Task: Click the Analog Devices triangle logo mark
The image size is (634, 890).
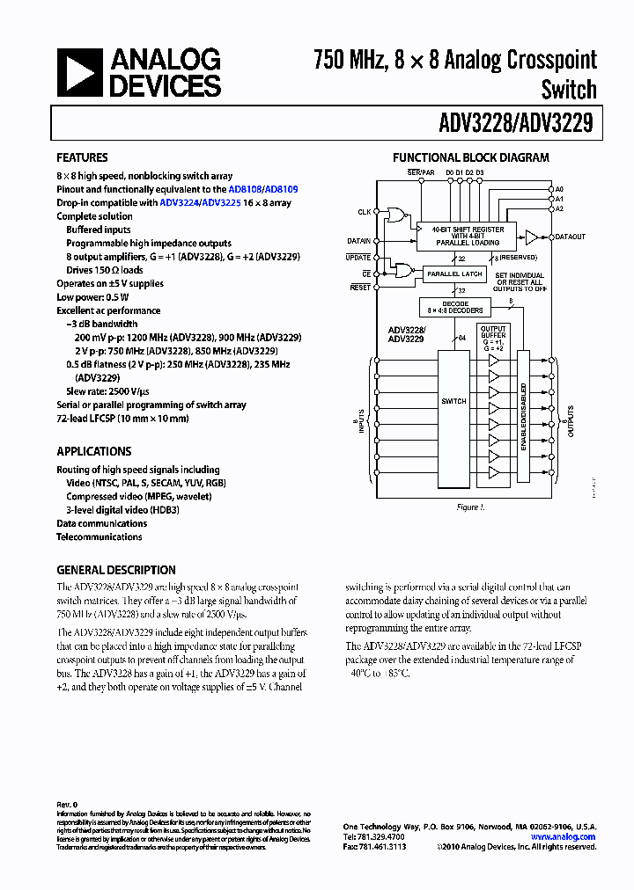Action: (79, 72)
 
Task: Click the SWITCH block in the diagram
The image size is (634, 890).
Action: (453, 401)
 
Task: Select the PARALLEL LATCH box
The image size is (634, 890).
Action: (454, 274)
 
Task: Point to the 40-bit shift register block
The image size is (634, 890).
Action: (468, 235)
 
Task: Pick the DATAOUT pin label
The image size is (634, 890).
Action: (570, 237)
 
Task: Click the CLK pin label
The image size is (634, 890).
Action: (364, 212)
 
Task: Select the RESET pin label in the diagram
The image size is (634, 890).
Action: (360, 288)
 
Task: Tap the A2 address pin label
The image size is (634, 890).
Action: (559, 209)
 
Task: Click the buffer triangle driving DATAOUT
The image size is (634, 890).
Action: (531, 237)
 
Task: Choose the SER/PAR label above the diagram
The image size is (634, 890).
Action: (421, 171)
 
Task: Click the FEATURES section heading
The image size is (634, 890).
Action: (82, 158)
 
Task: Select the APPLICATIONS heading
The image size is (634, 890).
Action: (93, 451)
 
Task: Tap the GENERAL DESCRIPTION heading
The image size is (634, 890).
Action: (116, 570)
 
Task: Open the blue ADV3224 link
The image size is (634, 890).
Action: (179, 202)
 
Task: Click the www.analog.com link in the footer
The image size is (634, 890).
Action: (563, 837)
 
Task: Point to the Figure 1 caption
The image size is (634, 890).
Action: (468, 507)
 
